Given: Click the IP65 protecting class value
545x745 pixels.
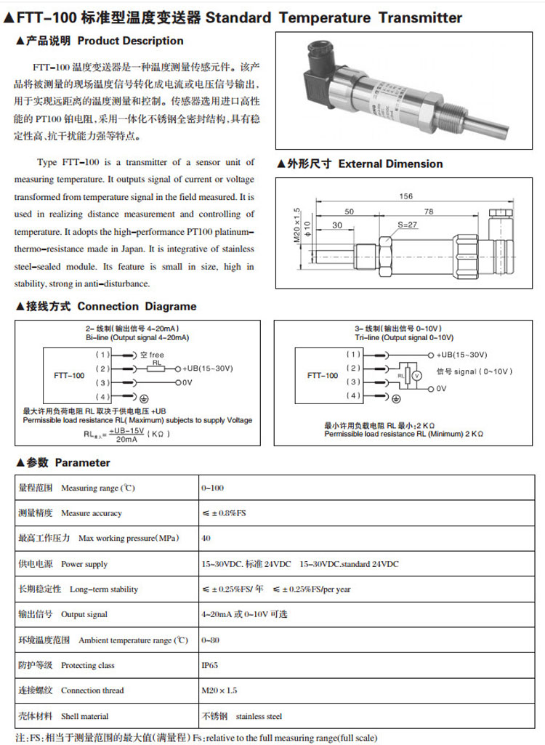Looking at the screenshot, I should (209, 665).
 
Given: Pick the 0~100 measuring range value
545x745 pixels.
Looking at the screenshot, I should (211, 488).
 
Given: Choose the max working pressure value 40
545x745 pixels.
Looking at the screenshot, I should (206, 539).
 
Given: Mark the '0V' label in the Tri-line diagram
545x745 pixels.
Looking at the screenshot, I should (441, 389).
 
